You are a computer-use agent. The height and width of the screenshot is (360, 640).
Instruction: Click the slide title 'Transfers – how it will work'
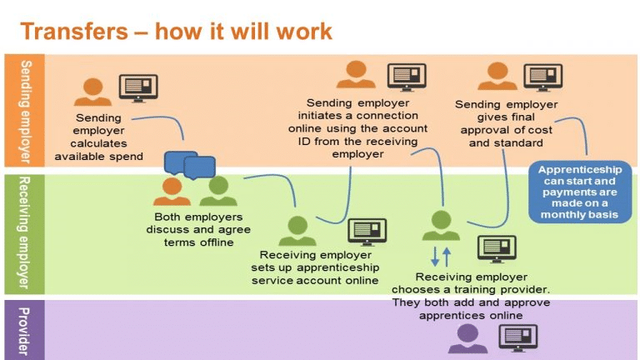[176, 32]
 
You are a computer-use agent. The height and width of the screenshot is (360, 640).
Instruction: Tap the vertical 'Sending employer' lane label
[25, 112]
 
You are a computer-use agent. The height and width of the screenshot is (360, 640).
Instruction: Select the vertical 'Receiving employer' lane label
[24, 232]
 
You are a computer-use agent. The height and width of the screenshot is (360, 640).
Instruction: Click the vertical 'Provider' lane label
[24, 331]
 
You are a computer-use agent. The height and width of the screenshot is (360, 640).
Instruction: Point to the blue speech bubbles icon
[190, 165]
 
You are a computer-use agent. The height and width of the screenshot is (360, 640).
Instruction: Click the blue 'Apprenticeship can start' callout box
[580, 192]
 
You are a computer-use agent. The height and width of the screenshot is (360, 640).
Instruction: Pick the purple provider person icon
[467, 338]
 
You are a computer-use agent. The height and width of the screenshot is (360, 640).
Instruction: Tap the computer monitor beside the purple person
[518, 338]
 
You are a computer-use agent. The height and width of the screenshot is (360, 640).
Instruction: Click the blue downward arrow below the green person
[435, 257]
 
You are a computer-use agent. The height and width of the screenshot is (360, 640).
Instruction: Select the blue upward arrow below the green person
[447, 257]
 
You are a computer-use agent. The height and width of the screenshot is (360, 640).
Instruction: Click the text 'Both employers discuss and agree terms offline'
[198, 229]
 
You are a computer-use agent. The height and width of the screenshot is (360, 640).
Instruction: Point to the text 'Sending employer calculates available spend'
[99, 137]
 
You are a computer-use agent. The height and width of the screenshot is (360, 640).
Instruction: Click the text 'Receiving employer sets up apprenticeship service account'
[315, 267]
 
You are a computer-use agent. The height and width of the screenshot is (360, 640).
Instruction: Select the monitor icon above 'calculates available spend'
[138, 88]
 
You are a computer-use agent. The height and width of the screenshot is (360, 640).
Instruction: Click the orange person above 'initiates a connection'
[356, 74]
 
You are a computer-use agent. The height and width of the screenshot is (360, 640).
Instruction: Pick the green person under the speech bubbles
[218, 191]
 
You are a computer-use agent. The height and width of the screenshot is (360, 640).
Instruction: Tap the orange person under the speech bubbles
[172, 191]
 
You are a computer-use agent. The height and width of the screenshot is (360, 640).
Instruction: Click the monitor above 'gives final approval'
[542, 77]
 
